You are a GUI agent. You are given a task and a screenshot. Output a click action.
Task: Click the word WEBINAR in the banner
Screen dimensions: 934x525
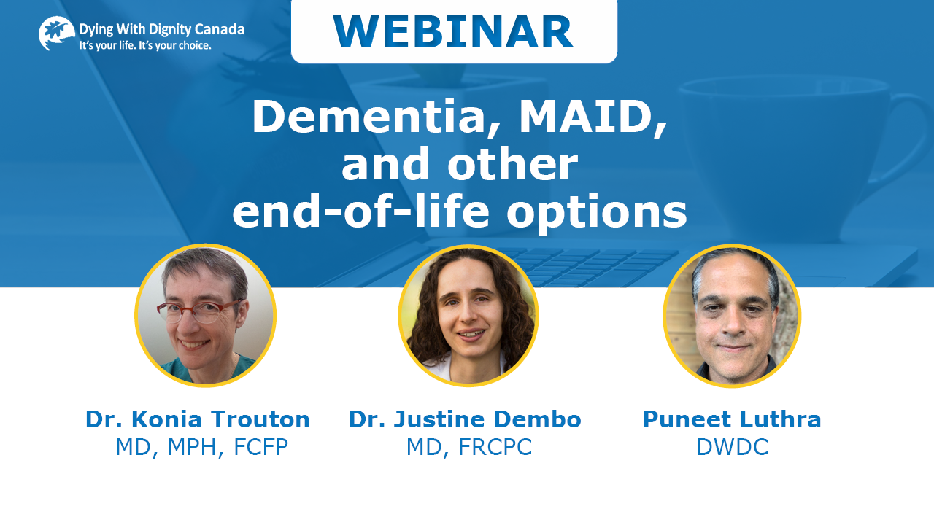453,32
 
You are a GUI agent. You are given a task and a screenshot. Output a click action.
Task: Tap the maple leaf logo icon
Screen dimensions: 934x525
57,34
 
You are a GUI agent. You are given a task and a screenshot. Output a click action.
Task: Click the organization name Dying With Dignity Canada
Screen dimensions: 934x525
162,30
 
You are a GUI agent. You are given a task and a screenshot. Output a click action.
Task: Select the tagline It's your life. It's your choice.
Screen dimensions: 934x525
145,45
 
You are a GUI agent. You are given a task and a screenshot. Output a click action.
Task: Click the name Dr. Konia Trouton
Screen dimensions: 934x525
198,419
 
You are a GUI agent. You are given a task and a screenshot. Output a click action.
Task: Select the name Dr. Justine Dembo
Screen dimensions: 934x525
465,419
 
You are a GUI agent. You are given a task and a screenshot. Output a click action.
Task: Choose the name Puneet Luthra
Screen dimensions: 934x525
732,419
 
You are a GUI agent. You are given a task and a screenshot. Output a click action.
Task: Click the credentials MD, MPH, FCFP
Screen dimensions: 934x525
202,447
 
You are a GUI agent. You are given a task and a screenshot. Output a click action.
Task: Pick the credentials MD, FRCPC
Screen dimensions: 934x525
469,447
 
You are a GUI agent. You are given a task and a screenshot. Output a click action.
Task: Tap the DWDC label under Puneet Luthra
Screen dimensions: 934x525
732,447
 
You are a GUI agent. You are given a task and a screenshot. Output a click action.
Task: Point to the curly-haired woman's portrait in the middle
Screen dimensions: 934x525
468,316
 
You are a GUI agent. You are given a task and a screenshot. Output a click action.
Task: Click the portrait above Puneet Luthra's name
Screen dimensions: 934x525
732,316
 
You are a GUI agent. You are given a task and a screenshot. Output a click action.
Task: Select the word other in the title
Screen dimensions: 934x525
512,164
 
